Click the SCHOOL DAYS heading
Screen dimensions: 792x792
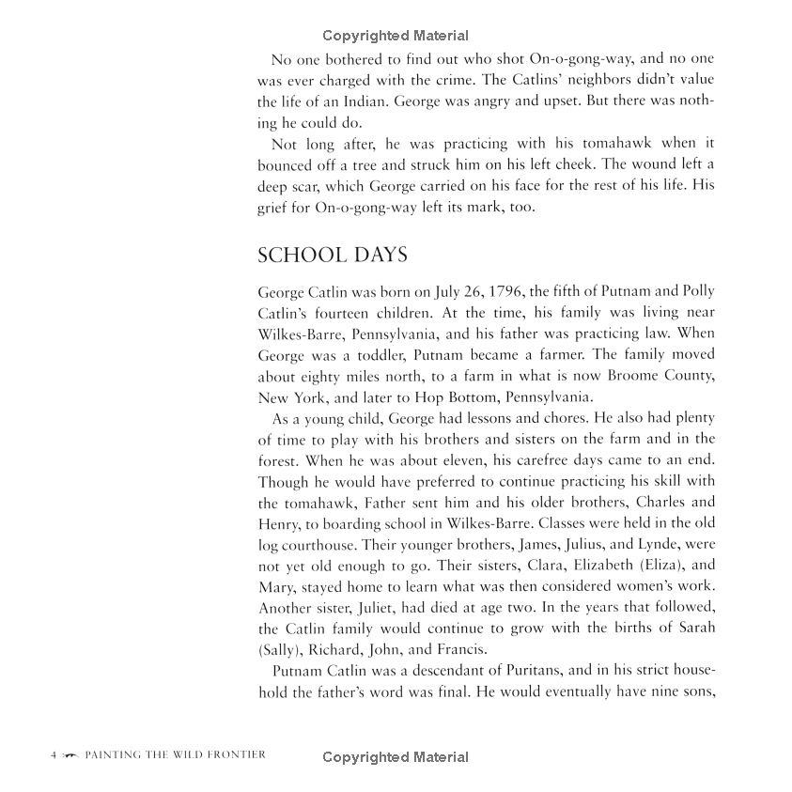coord(332,255)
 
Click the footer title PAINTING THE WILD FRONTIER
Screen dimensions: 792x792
coord(175,754)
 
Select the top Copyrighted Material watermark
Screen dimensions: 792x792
coord(395,37)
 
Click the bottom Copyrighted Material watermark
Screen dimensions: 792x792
coord(395,757)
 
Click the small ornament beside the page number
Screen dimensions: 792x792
coord(70,755)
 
